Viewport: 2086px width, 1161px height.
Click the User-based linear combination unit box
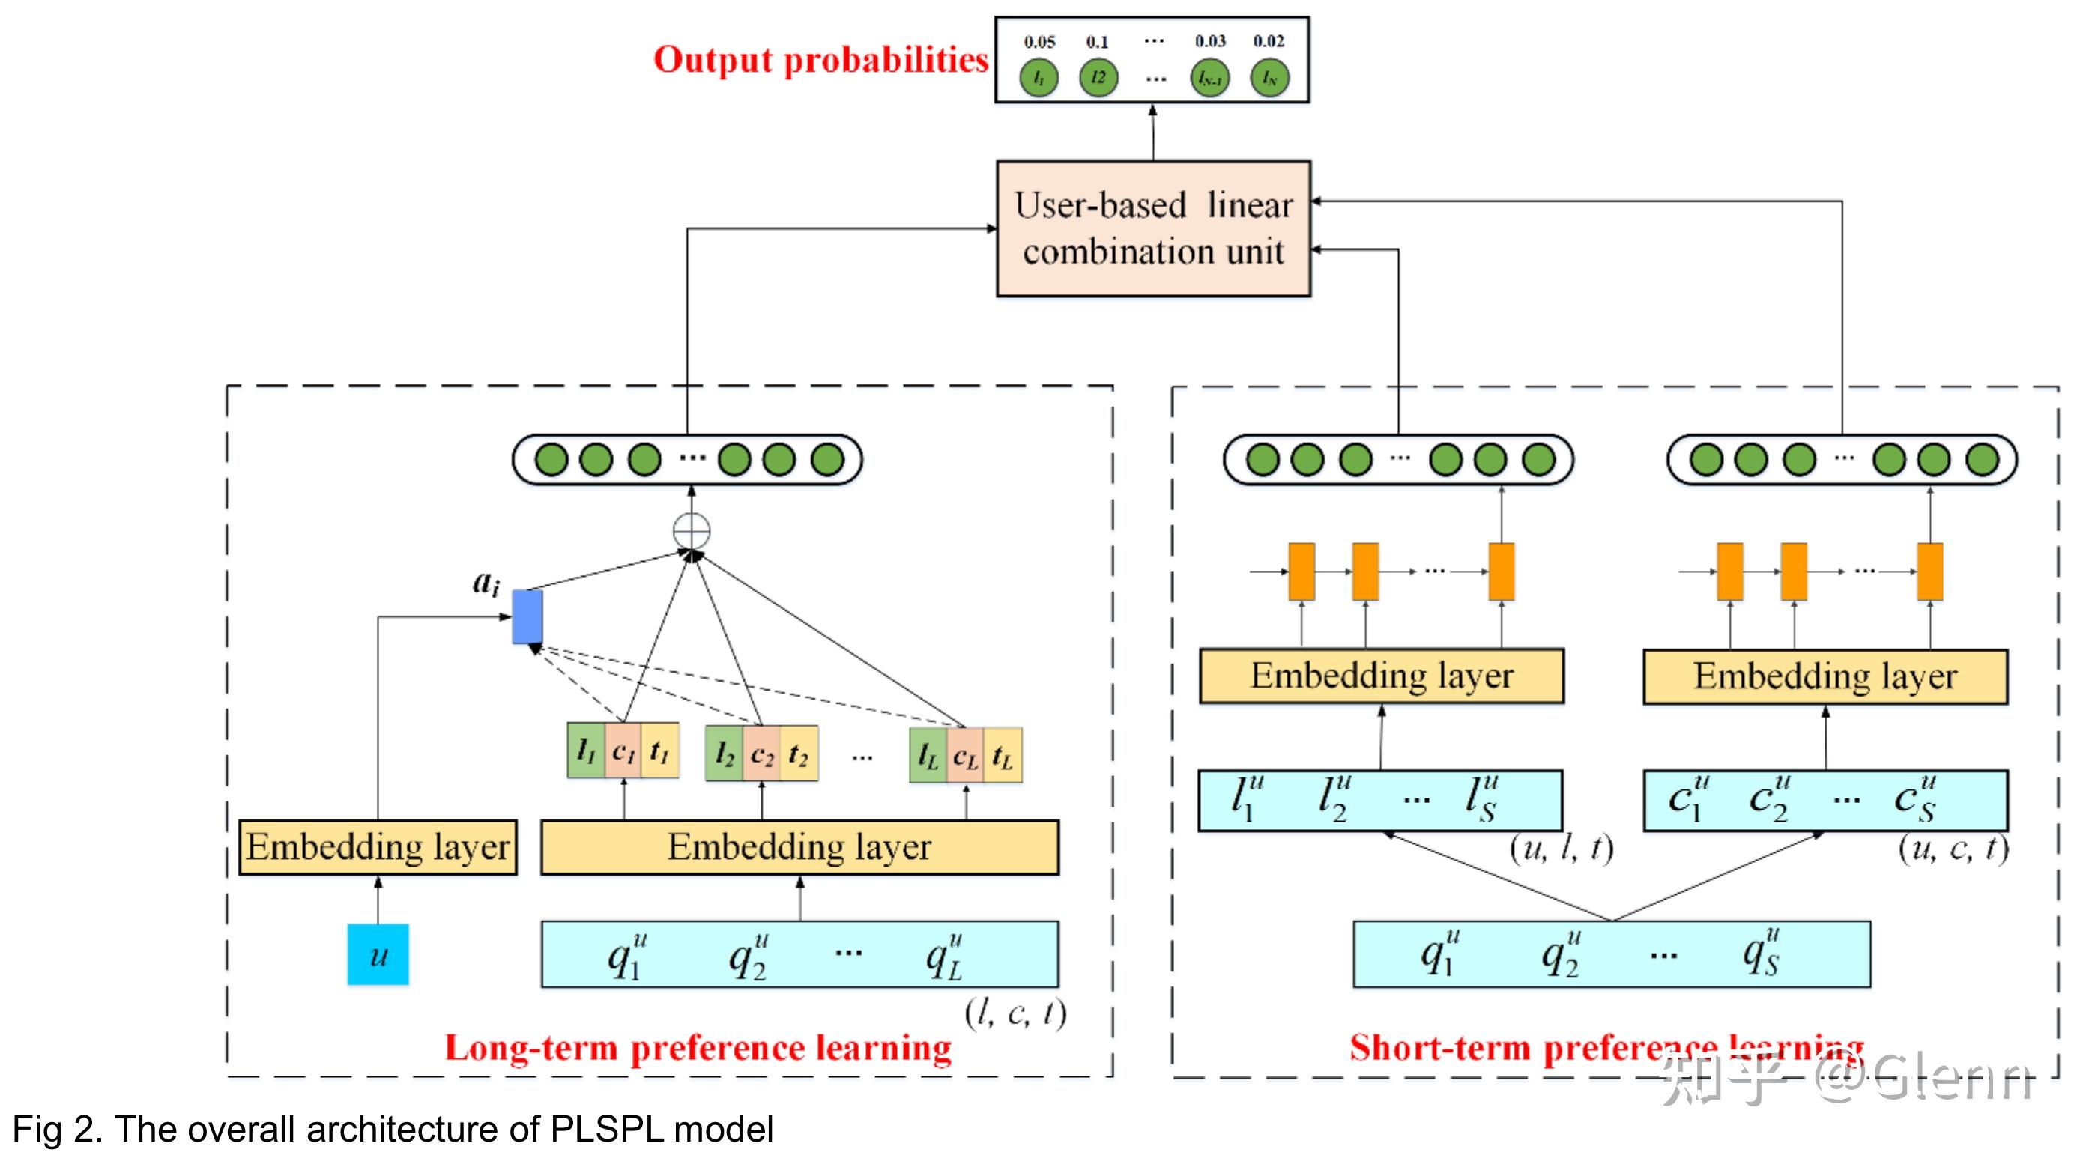1152,228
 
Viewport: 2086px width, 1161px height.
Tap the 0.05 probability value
1039,41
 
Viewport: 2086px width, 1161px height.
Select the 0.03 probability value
1210,40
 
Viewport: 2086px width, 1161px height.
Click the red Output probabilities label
820,60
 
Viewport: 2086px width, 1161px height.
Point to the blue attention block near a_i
527,617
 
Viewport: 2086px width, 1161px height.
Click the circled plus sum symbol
692,531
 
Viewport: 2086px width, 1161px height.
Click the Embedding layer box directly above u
378,847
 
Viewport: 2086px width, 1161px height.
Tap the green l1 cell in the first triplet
585,751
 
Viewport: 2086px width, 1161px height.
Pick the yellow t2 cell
799,754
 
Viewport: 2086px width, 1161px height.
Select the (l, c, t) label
1015,1013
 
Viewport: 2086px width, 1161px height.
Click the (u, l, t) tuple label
1561,848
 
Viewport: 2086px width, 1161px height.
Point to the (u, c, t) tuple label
1953,848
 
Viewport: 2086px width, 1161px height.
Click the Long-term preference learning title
698,1048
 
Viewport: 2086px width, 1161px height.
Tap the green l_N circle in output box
1269,79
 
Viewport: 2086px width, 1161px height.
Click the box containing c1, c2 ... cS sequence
1825,800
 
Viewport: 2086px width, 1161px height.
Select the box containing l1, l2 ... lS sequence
1380,800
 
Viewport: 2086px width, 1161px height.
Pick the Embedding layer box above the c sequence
1825,676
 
